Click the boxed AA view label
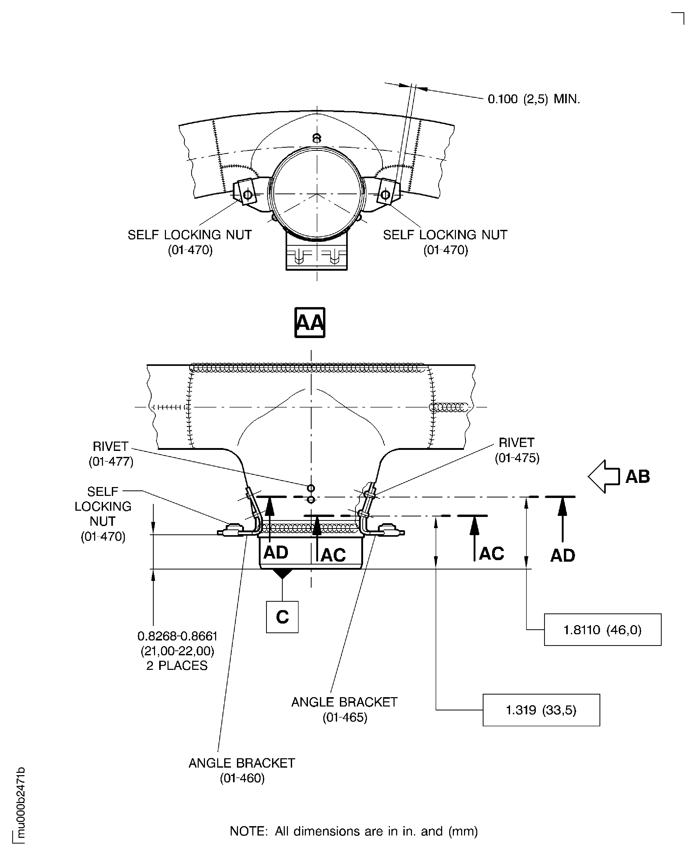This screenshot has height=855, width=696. [x=310, y=322]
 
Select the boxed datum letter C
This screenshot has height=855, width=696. [x=282, y=617]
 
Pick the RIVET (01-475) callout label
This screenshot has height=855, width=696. [x=517, y=450]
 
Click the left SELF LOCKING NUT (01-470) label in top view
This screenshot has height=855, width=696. [x=190, y=242]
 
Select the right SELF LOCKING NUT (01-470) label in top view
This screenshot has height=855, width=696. [x=445, y=242]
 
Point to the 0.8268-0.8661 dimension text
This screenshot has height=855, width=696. [x=177, y=636]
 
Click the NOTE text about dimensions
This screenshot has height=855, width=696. [x=354, y=831]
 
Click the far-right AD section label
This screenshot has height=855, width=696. [x=563, y=556]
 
